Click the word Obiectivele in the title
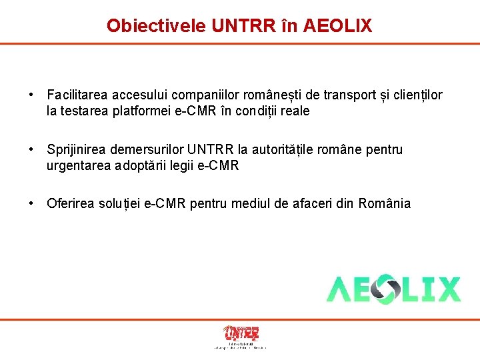[157, 25]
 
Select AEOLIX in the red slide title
[337, 25]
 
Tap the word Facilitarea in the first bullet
[79, 95]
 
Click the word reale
[294, 111]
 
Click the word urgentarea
[77, 165]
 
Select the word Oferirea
[71, 203]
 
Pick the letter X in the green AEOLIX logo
[446, 289]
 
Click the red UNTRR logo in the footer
[241, 333]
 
